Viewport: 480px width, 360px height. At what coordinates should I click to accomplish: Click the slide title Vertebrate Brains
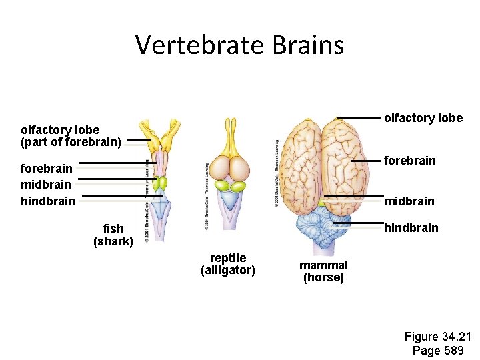tap(239, 45)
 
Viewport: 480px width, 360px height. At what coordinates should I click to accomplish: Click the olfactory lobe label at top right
tap(423, 118)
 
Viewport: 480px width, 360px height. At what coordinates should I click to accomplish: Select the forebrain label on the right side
tap(409, 161)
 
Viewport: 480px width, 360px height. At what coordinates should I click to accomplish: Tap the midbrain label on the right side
tap(409, 201)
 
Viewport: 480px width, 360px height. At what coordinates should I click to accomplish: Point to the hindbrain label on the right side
tap(411, 228)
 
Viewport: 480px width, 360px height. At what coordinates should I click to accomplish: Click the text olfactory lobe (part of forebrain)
tap(71, 136)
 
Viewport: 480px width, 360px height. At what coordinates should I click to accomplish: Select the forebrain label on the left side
tap(47, 169)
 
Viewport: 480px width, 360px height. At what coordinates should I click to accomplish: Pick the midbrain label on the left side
tap(46, 184)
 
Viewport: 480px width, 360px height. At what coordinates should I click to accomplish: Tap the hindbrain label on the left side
tap(48, 201)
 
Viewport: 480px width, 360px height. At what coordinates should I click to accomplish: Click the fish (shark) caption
tap(113, 235)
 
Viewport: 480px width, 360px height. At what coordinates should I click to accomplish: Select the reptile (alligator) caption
tap(228, 264)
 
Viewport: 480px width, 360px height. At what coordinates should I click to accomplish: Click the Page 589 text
tap(438, 351)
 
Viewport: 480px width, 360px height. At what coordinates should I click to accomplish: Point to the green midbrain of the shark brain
tap(161, 183)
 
